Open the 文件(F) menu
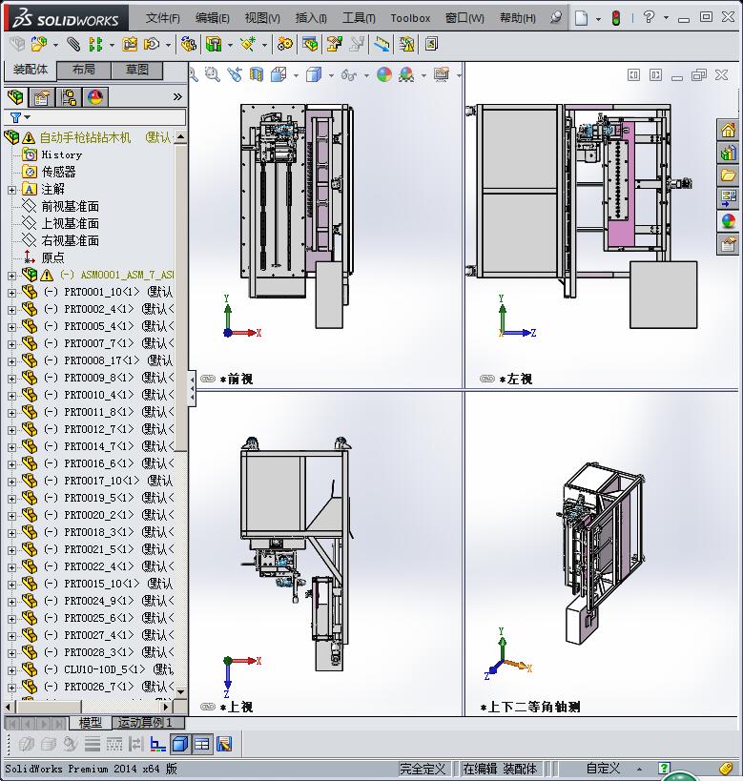[x=162, y=17]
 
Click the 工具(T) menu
[x=359, y=17]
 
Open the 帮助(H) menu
[x=517, y=17]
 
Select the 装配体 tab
[x=31, y=70]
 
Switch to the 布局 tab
[x=83, y=70]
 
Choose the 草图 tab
[x=137, y=70]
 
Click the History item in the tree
[x=61, y=154]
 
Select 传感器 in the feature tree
[x=58, y=172]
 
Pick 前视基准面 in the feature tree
[x=70, y=206]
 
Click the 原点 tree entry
[x=52, y=257]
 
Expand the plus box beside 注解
[x=11, y=190]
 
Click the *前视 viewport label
[x=237, y=379]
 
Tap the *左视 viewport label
[x=516, y=379]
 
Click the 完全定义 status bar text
[x=423, y=768]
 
